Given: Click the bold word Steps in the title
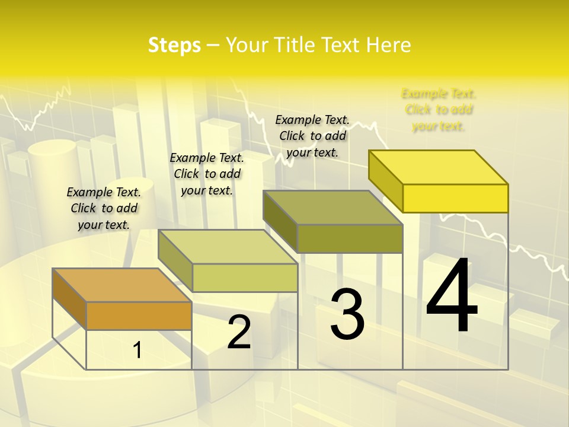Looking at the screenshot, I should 174,45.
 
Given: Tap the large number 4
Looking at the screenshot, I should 452,297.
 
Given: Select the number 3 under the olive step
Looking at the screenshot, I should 347,314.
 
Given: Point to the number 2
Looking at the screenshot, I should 239,332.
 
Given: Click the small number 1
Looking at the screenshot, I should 137,350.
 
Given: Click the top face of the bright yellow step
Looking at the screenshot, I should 439,167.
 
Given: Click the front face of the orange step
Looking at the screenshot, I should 139,316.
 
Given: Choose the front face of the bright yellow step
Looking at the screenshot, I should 455,198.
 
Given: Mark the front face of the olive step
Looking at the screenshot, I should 350,238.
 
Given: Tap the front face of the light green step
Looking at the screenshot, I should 244,278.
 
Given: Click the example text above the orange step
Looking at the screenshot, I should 104,208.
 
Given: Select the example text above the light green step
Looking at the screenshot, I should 207,174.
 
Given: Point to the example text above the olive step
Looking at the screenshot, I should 312,136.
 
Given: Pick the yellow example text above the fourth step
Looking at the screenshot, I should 439,110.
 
